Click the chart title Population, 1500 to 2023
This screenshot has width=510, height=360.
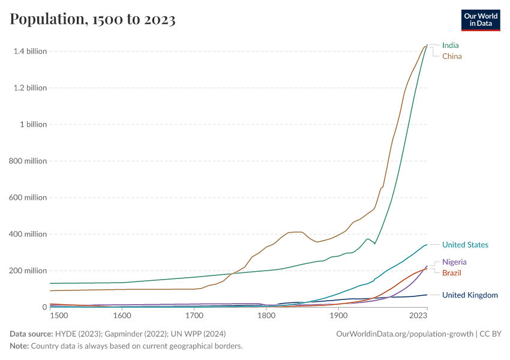coord(92,19)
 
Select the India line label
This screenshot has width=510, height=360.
coord(450,45)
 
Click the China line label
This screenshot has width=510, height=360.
coord(452,56)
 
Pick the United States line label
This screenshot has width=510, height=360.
coord(465,245)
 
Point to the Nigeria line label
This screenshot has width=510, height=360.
coord(454,262)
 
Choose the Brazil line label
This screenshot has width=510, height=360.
coord(452,273)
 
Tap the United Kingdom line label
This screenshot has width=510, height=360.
coord(470,295)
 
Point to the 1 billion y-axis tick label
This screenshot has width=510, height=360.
coord(34,124)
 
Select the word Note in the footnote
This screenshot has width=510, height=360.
coord(19,346)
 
